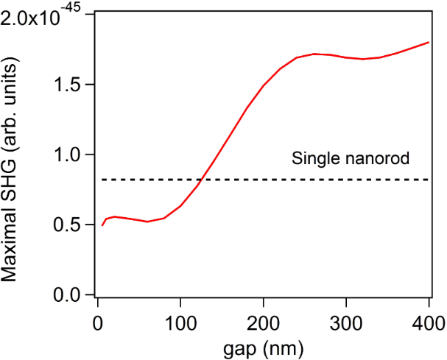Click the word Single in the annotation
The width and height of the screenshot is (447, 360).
click(312, 158)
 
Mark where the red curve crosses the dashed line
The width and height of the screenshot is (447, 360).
click(201, 180)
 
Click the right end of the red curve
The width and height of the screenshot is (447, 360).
click(429, 43)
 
